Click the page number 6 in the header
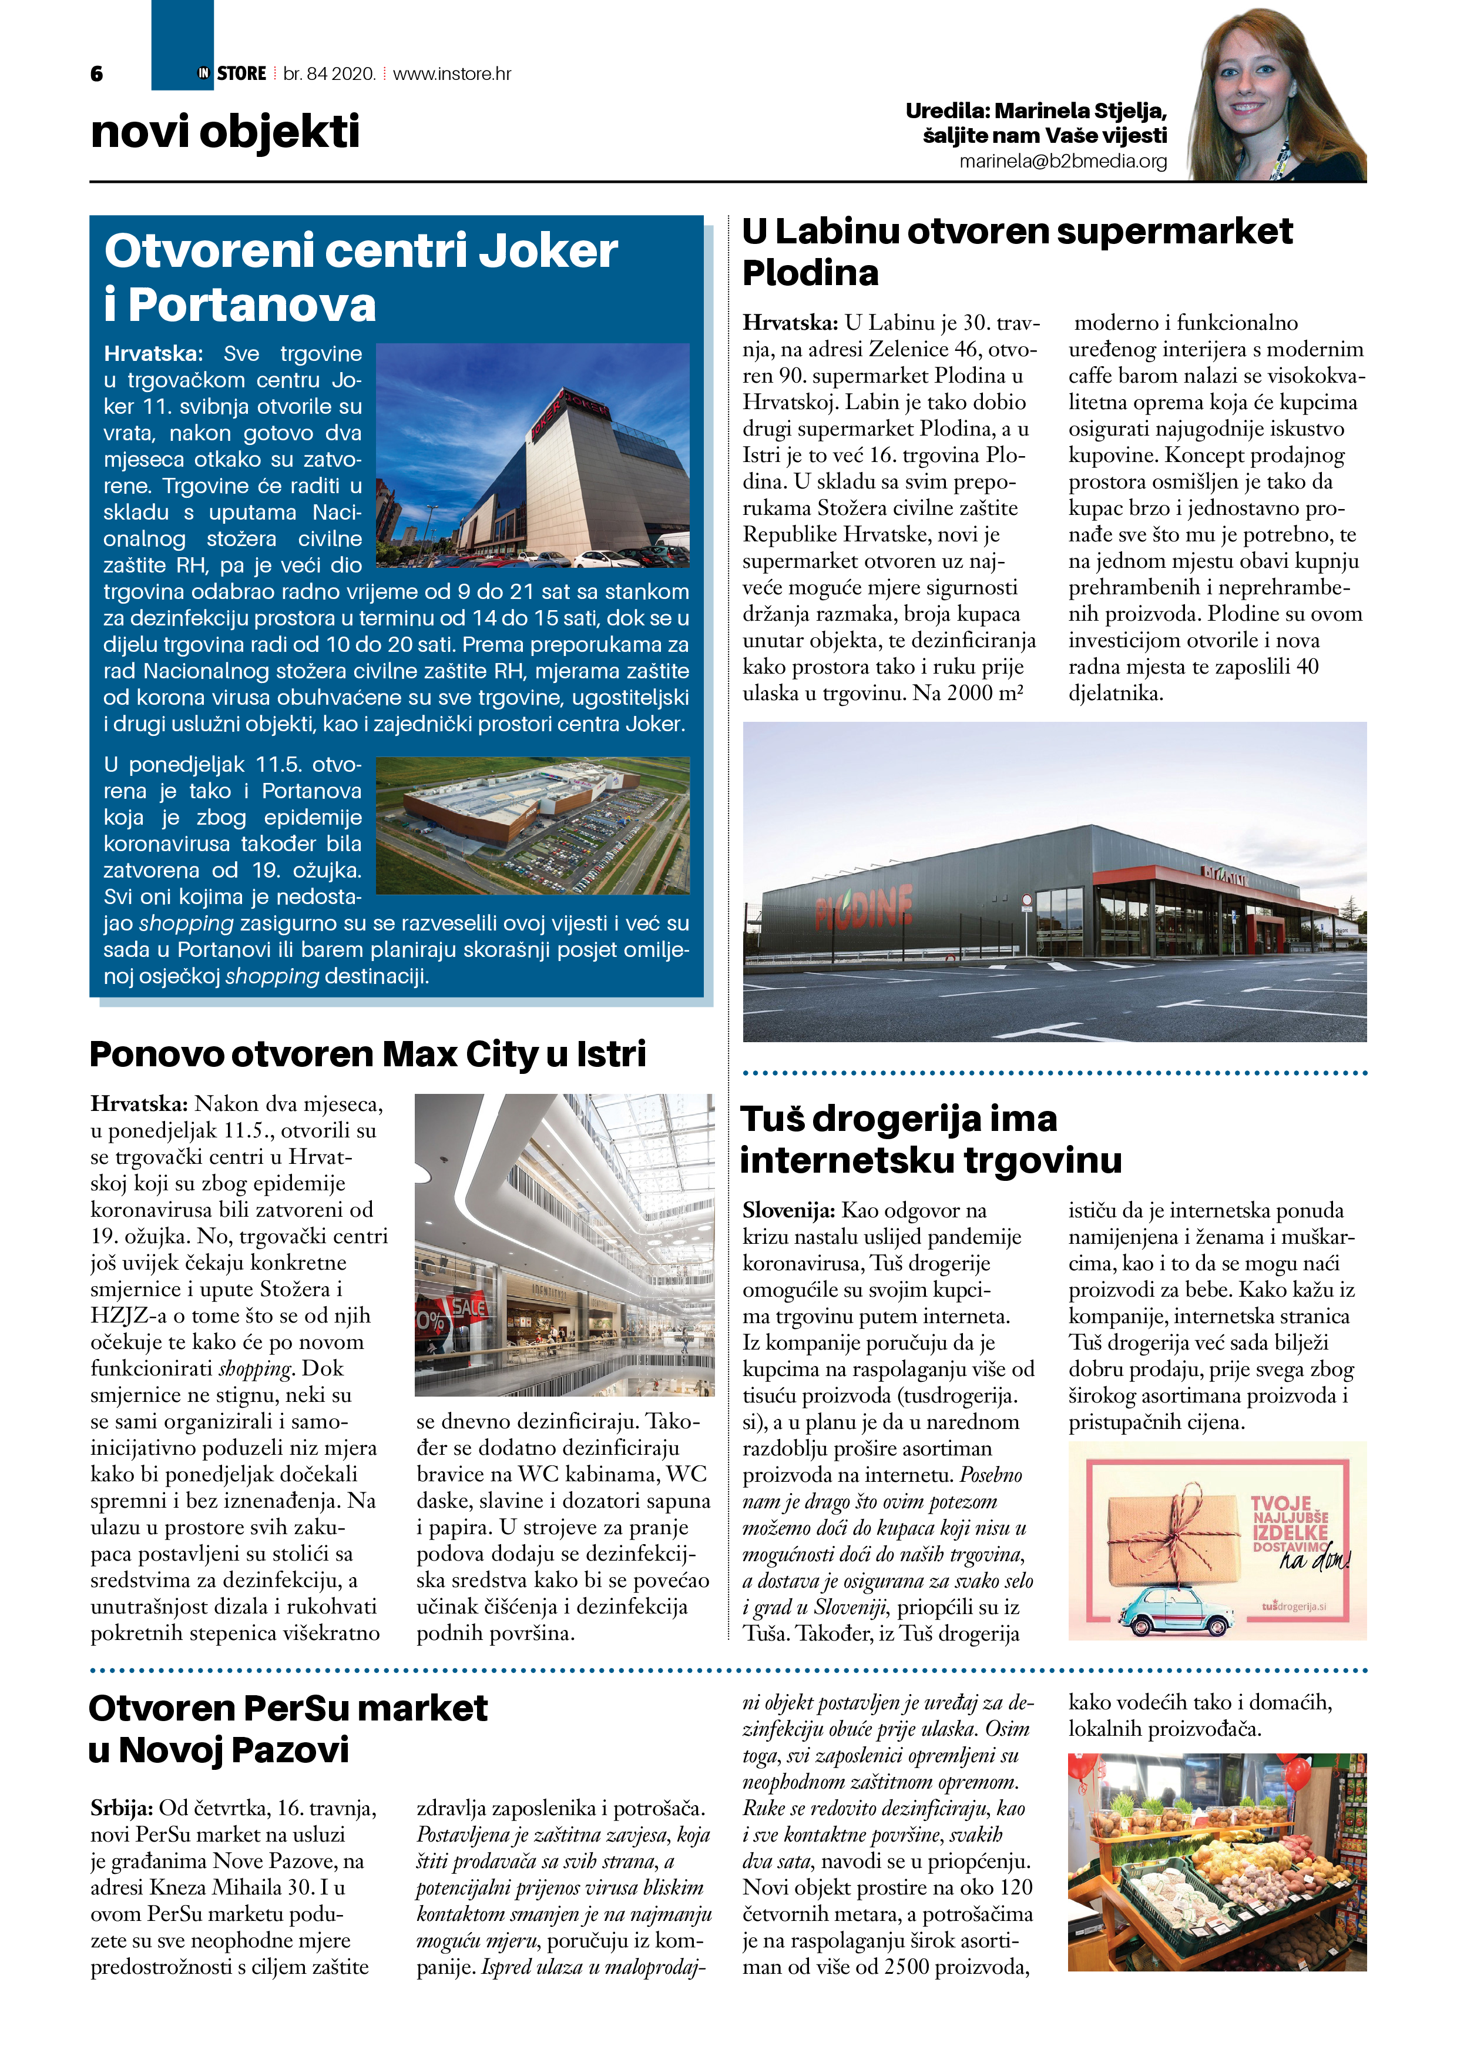click(97, 73)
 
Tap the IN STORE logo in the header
click(233, 73)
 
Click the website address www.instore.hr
click(452, 73)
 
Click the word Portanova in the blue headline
click(252, 304)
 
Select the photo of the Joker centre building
click(532, 456)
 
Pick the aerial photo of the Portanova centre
click(532, 825)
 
